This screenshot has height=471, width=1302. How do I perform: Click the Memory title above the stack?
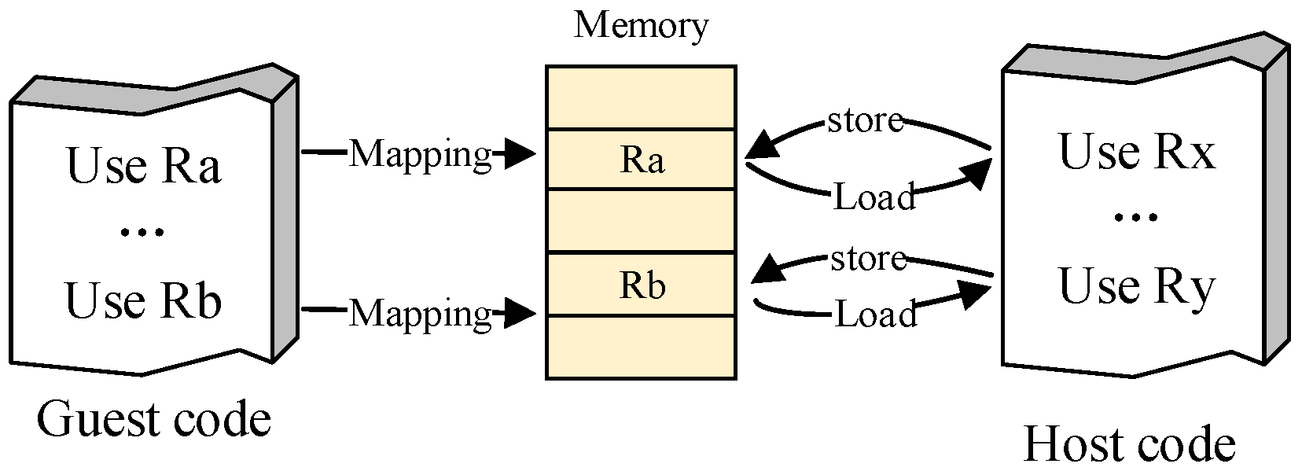(641, 25)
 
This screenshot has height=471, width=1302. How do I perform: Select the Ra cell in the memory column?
(642, 160)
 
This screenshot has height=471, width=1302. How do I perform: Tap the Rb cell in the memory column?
(642, 285)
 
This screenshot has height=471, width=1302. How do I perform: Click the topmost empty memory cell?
(642, 98)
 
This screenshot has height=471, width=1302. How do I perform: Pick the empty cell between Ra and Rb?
(642, 221)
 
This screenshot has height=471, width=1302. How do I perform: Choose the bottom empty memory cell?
(642, 348)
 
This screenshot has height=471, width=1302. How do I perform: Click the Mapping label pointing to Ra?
(420, 154)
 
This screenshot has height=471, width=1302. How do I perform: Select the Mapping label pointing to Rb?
(420, 313)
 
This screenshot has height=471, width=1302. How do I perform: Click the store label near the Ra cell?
(865, 120)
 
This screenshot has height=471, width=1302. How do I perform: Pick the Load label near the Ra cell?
(874, 197)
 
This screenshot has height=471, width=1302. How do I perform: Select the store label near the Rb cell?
(868, 258)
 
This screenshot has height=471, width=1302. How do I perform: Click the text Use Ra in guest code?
(143, 166)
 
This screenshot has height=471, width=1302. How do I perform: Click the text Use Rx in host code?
(1136, 152)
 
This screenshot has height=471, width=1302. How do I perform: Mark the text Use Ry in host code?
(1136, 286)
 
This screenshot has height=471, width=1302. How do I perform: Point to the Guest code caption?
(154, 419)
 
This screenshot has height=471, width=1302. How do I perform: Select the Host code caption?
(1129, 444)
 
